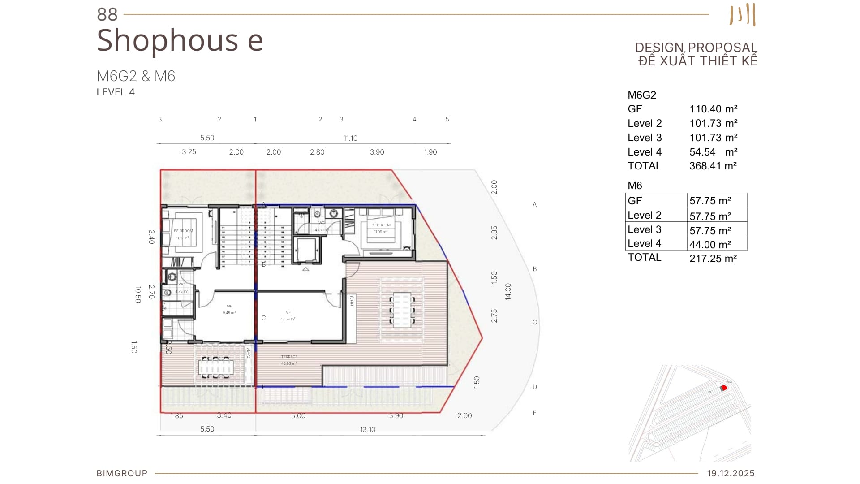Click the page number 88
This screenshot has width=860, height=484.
coord(107,14)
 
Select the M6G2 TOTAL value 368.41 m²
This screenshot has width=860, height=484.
coord(713,166)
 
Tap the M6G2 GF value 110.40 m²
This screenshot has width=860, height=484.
coord(713,109)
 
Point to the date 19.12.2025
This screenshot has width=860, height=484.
coord(731,473)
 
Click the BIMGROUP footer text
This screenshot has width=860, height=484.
coord(122,473)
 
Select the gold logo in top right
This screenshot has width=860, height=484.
coord(743,15)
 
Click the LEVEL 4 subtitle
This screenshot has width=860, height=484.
coord(116,92)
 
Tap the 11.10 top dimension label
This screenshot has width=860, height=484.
coord(350,138)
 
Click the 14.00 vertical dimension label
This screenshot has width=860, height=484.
coord(508,291)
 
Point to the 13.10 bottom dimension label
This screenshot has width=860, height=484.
coord(367,429)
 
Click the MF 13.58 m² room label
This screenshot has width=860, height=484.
coord(288,316)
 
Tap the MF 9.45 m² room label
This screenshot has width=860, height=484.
coord(229,309)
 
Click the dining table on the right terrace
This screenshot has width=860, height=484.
coord(402,309)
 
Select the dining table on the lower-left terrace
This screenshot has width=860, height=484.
coord(215,367)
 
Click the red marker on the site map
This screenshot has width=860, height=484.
coord(723,388)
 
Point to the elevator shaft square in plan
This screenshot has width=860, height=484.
coord(306,250)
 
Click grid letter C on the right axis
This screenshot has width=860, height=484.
coord(534,322)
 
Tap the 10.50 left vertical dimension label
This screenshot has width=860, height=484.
coord(138,294)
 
